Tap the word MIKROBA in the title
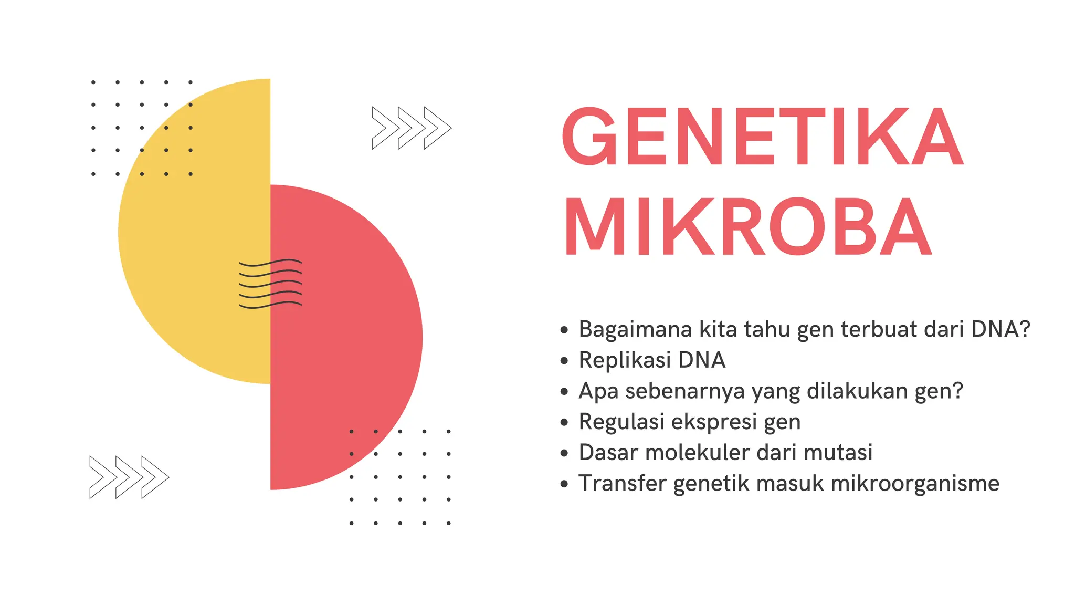point(749,226)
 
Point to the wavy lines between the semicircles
point(270,284)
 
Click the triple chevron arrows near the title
point(412,128)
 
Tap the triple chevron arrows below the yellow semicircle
point(129,477)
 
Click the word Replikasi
point(624,361)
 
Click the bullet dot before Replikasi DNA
point(564,361)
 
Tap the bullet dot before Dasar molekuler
point(564,453)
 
